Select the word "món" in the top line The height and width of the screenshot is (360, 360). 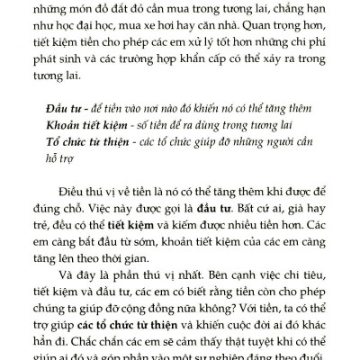(x=104, y=7)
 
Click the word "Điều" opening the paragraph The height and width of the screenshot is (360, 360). (x=88, y=193)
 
